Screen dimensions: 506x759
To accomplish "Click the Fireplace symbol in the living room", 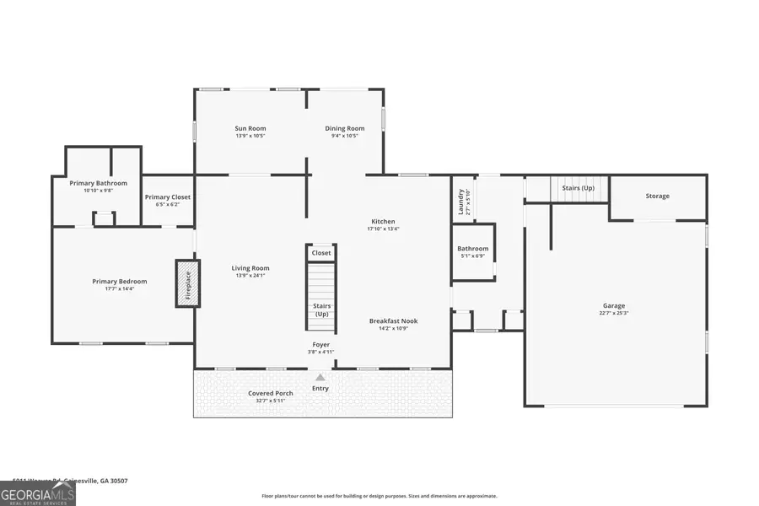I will tap(187, 282).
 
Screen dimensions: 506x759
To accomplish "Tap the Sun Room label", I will tap(250, 129).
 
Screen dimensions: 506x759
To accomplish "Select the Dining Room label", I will tap(345, 129).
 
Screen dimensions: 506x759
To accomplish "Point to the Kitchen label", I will tap(384, 221).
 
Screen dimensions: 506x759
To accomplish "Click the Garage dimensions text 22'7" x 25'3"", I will tap(614, 313).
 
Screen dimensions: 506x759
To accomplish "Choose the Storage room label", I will tap(658, 196).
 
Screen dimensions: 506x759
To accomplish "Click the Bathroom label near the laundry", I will tap(473, 249).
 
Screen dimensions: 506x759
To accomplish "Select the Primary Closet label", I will tap(168, 197).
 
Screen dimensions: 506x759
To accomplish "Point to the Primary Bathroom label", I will tap(99, 183).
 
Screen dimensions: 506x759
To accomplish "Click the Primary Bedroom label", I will tap(120, 282).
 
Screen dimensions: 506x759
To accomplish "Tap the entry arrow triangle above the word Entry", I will tap(320, 378).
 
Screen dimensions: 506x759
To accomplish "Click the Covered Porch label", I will tap(271, 393).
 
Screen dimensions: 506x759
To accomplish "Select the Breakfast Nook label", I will tap(393, 320).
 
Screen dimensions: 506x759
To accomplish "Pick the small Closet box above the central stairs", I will tap(321, 252).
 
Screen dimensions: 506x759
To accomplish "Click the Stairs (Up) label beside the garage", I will tap(573, 187).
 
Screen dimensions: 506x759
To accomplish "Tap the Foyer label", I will tap(321, 344).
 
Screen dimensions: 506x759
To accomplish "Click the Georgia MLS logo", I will tap(38, 493).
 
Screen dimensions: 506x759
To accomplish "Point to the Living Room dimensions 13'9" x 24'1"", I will tap(250, 276).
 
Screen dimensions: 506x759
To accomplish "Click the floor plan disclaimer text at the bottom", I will tap(379, 496).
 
